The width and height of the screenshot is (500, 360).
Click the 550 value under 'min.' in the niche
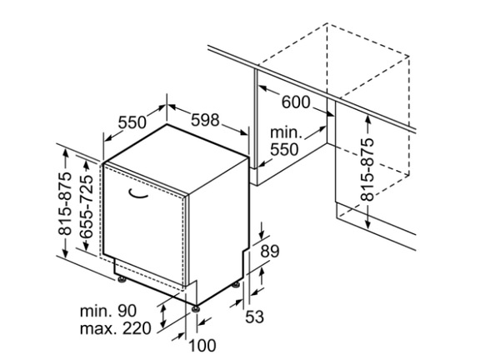286,150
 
